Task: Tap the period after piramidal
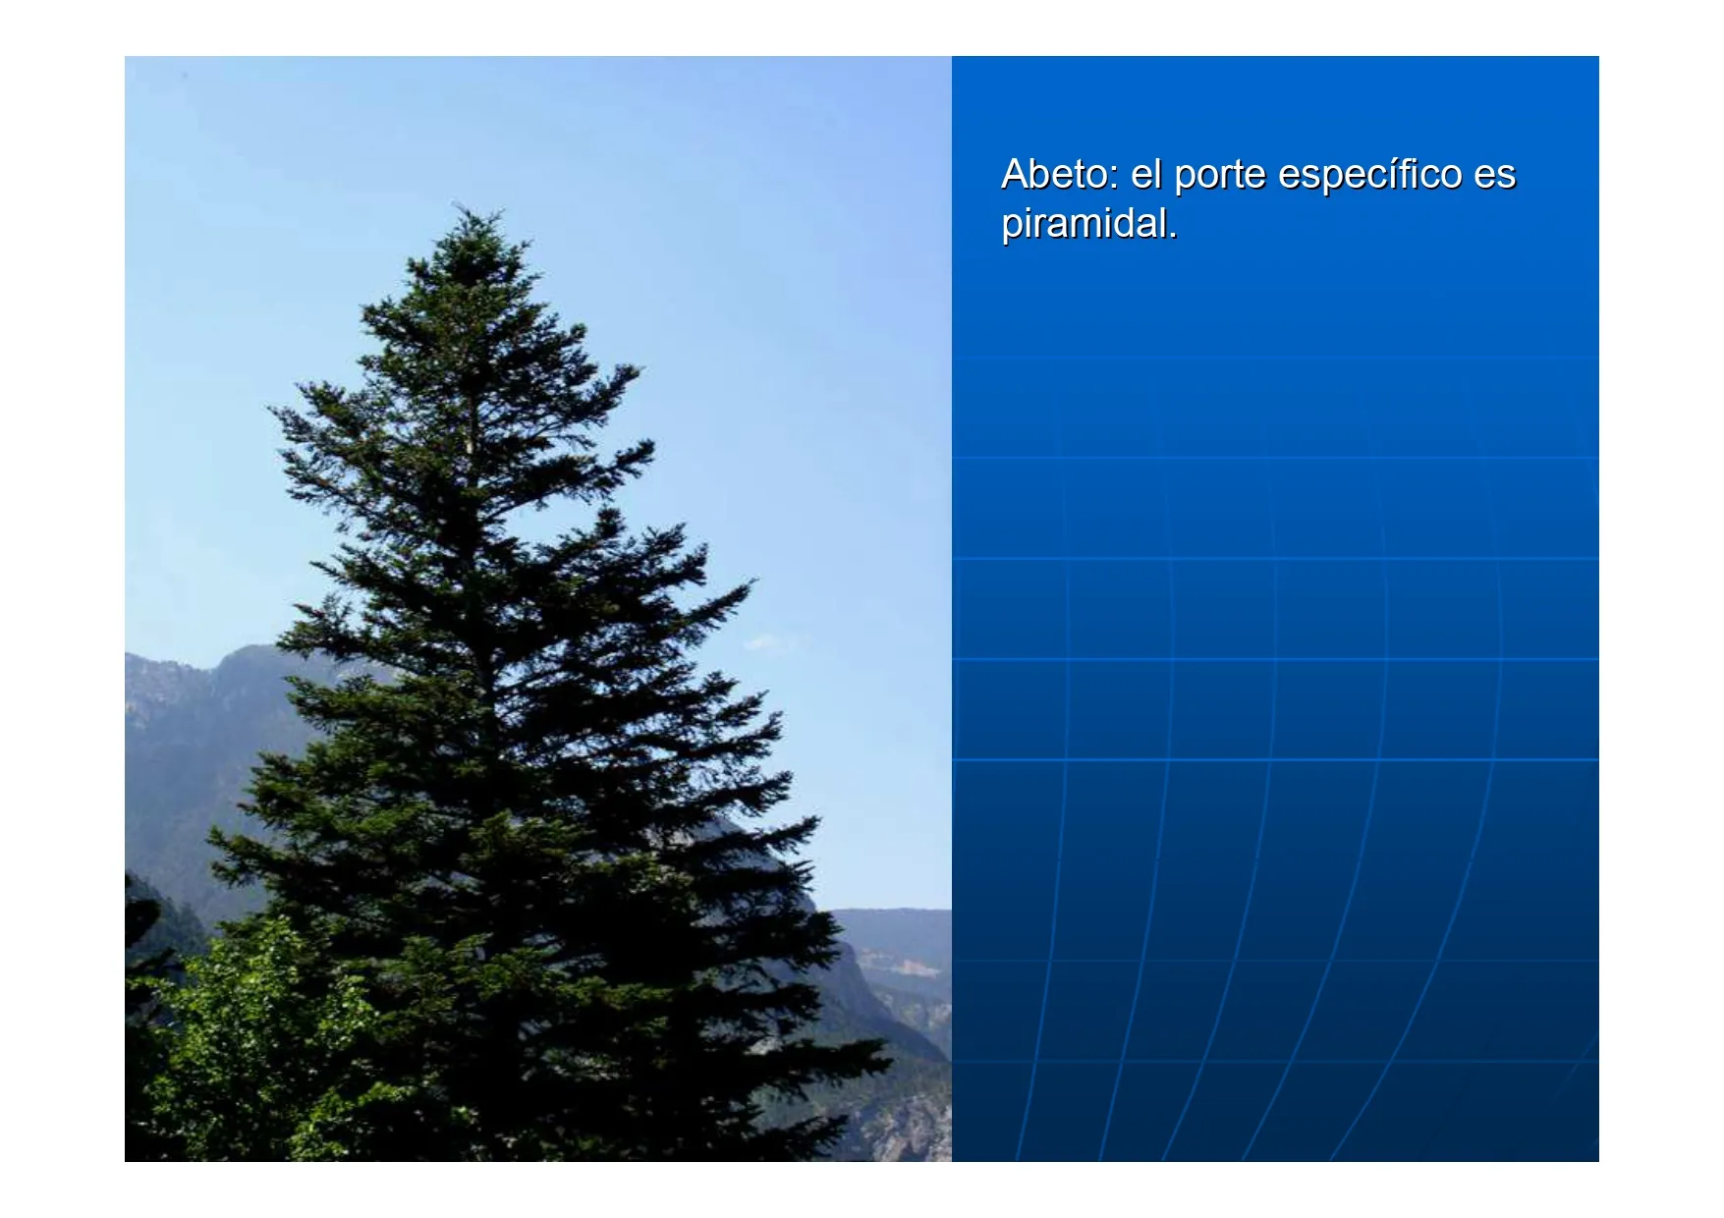1172,237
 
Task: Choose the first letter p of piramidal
1013,230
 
